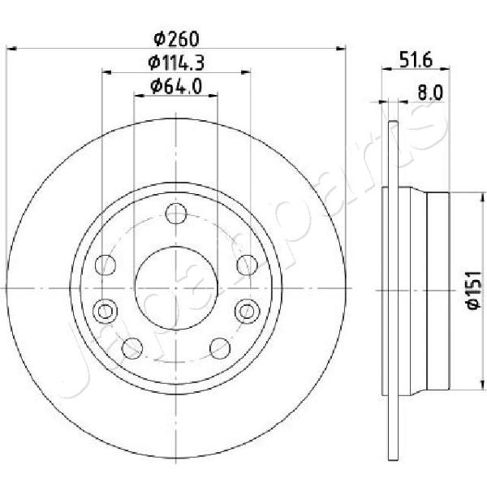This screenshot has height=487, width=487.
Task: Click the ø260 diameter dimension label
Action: [x=176, y=39]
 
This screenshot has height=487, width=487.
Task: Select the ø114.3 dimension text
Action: [x=176, y=62]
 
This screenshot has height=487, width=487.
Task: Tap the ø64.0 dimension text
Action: [x=176, y=86]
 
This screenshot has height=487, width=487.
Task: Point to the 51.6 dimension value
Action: [x=416, y=60]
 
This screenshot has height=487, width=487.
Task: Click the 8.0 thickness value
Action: [x=430, y=93]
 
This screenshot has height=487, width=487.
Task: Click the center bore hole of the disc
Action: [x=176, y=288]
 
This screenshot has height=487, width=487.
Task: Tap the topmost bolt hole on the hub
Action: [x=176, y=213]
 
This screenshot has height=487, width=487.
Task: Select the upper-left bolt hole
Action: [x=106, y=265]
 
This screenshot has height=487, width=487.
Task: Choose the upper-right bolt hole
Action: [x=248, y=265]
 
